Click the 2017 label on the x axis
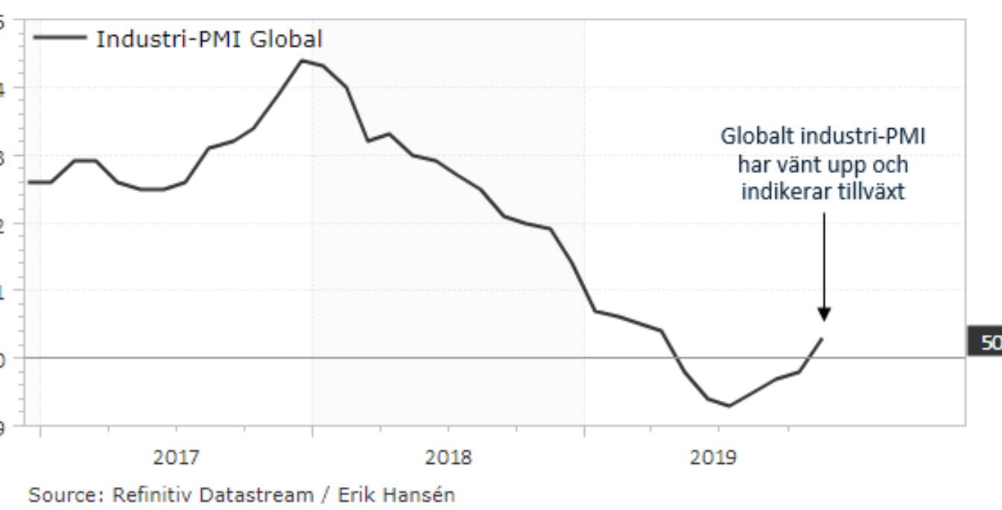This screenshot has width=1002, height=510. click(x=176, y=458)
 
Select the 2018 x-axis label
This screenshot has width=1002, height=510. click(x=448, y=458)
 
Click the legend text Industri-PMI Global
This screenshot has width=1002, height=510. click(x=209, y=40)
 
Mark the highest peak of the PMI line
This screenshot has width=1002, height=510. click(x=301, y=60)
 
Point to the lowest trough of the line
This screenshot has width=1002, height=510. click(x=729, y=406)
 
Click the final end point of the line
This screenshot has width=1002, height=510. click(x=822, y=338)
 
